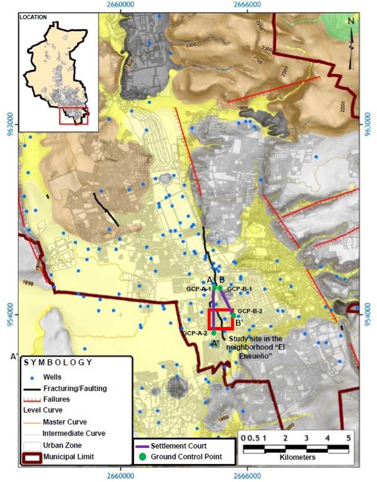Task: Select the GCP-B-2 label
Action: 250,311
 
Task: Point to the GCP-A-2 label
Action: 195,333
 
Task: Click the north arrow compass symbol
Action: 351,44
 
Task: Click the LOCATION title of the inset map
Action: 33,17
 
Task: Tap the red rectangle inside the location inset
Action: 74,116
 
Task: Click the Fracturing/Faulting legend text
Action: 75,388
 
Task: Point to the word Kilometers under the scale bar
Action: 298,457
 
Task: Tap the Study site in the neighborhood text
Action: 255,339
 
